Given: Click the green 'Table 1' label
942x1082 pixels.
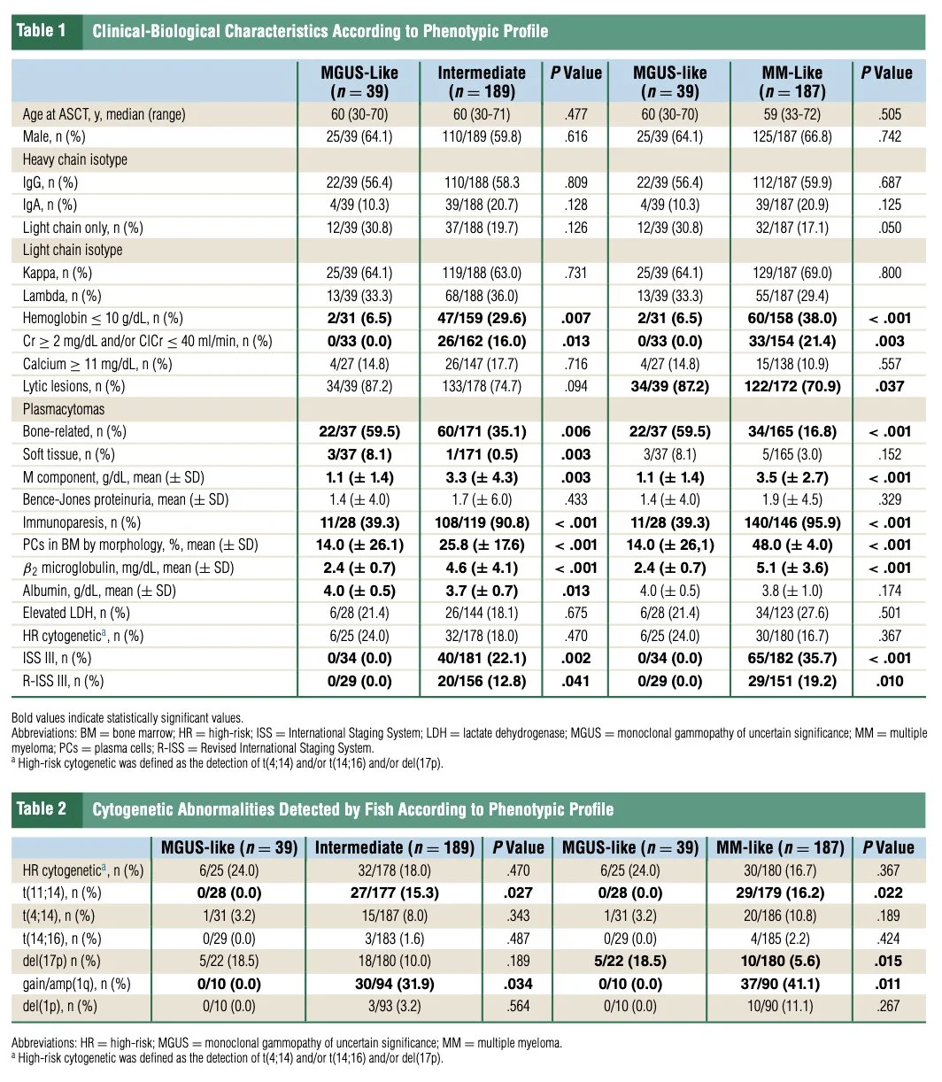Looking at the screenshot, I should tap(41, 31).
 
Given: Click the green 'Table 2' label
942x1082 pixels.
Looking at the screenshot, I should tap(41, 808).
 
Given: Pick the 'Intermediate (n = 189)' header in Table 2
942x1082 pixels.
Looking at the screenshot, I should tap(395, 847).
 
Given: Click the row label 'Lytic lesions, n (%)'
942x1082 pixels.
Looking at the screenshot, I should tap(74, 386).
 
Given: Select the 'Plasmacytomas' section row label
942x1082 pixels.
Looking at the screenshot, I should tap(64, 409).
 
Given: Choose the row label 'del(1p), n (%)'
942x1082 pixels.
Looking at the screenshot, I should tap(60, 1006).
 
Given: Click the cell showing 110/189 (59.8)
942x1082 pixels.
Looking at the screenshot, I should tap(482, 136).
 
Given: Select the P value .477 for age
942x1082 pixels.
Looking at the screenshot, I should tap(575, 114).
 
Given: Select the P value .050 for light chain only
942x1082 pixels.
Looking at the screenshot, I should tap(891, 228).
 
